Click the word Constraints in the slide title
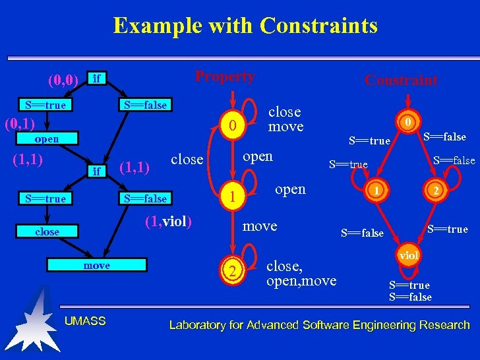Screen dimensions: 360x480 tap(318, 26)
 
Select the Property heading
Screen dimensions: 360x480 tap(225, 76)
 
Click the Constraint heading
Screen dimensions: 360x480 tap(401, 80)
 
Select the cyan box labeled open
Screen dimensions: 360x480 tap(46, 139)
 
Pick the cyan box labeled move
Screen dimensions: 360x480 tap(96, 265)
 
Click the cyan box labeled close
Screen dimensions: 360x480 tap(47, 231)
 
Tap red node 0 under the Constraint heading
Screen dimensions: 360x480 tap(409, 122)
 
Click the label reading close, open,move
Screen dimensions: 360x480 tap(301, 274)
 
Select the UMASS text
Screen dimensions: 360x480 tap(85, 321)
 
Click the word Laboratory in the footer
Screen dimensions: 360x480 tap(198, 324)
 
